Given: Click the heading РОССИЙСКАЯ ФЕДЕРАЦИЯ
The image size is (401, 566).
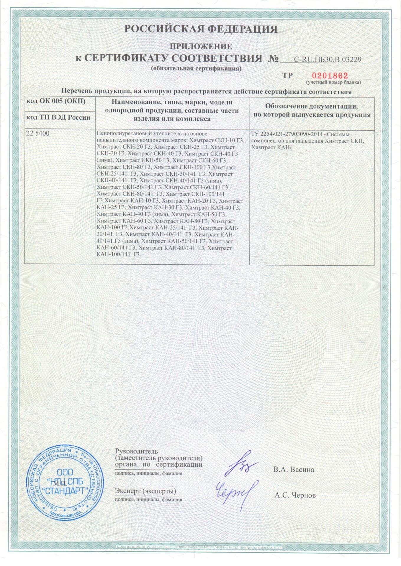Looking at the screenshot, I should pyautogui.click(x=201, y=29).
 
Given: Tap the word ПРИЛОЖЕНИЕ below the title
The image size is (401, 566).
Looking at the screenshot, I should pyautogui.click(x=201, y=46).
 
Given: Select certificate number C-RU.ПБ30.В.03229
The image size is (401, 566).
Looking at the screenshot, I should pyautogui.click(x=328, y=60).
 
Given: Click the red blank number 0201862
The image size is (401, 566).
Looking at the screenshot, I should pyautogui.click(x=330, y=75).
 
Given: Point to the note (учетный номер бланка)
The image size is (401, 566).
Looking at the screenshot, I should pyautogui.click(x=333, y=83).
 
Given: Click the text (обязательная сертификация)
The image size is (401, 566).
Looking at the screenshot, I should pyautogui.click(x=196, y=69).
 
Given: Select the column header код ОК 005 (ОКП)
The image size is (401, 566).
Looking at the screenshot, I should pyautogui.click(x=56, y=101).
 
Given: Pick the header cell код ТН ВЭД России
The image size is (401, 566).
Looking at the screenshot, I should pyautogui.click(x=58, y=117).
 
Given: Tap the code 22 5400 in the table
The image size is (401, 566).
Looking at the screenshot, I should pyautogui.click(x=38, y=133).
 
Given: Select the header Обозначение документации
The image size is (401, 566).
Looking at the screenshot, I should pyautogui.click(x=311, y=106).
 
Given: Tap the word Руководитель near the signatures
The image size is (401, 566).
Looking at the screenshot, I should pyautogui.click(x=136, y=451).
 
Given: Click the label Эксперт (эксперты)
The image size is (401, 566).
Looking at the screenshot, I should pyautogui.click(x=145, y=491).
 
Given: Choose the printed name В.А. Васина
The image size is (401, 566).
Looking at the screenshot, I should pyautogui.click(x=293, y=470).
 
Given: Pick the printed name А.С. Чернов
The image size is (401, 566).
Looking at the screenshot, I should pyautogui.click(x=295, y=495).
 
